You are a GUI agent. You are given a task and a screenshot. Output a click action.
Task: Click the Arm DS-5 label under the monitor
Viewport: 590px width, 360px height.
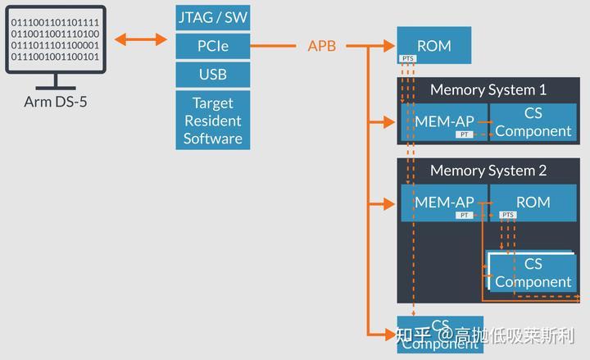point(56,103)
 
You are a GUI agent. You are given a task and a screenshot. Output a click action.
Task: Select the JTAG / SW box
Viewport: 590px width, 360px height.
point(212,17)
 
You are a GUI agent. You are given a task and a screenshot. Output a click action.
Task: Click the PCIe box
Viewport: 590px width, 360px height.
point(212,46)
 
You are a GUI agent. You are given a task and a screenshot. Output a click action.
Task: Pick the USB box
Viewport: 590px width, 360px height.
point(212,75)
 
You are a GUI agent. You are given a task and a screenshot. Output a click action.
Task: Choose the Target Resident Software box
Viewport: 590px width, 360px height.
point(212,121)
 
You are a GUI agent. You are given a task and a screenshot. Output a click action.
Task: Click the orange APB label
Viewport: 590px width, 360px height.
point(322,46)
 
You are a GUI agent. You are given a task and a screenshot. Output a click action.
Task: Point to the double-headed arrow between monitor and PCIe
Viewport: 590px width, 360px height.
point(142,39)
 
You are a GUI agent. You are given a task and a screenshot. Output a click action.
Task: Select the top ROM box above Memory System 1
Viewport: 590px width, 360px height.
point(434,44)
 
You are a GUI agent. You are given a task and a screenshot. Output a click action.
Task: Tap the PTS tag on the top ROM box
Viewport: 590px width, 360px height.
point(408,59)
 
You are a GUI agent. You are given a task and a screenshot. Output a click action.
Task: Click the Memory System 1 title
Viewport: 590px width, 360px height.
point(488,89)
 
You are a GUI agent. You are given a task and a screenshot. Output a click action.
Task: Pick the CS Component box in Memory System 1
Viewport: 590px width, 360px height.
point(533,121)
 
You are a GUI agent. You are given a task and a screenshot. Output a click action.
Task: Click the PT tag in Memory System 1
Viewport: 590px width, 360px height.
point(465,134)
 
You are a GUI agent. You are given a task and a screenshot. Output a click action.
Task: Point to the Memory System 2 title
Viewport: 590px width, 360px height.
point(488,171)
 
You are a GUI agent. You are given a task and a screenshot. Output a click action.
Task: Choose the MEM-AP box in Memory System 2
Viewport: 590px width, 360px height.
point(443,202)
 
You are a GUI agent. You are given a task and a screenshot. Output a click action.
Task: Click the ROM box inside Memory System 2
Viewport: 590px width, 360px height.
point(533,202)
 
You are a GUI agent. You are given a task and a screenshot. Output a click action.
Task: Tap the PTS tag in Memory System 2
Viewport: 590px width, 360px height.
point(508,215)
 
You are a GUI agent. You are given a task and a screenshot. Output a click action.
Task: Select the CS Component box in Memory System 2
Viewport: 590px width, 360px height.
point(533,272)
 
